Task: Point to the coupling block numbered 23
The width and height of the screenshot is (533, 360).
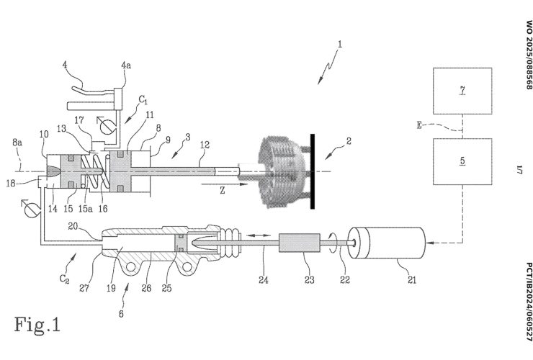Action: [x=297, y=245]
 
